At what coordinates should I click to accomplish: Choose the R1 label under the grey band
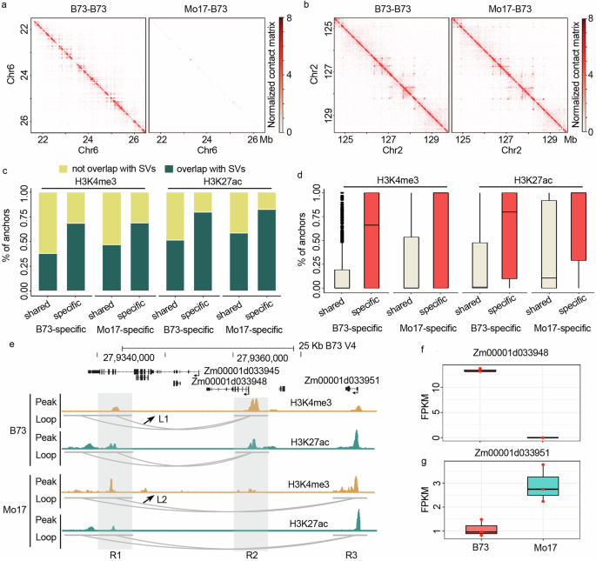click(115, 553)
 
